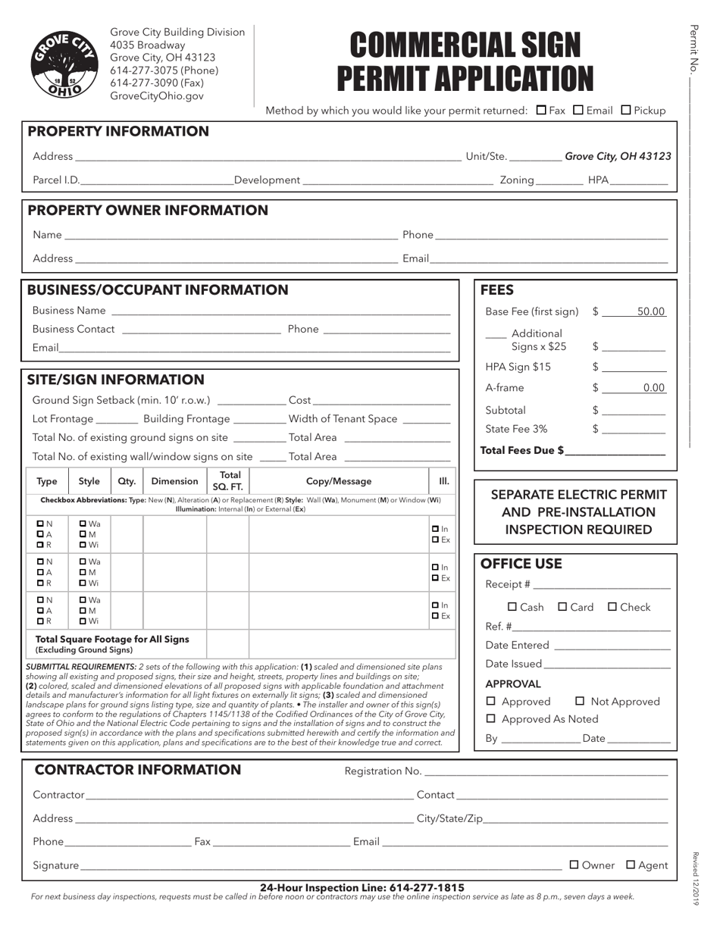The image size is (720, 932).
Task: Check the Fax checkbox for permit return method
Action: click(541, 110)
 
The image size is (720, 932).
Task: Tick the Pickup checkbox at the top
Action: click(626, 110)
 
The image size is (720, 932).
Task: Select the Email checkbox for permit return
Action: click(578, 110)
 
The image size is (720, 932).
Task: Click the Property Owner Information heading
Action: click(148, 210)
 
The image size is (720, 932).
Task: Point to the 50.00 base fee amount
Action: click(650, 311)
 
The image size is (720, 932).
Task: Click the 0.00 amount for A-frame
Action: click(653, 388)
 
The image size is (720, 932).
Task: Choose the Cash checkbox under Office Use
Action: click(512, 607)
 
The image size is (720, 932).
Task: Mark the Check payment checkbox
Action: click(613, 607)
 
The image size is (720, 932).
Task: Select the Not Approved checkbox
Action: click(581, 702)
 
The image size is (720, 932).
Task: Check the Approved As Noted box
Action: click(491, 719)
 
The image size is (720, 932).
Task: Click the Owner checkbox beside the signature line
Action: click(574, 865)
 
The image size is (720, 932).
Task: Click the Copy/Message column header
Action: click(339, 481)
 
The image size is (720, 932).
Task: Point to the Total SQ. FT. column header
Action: click(228, 481)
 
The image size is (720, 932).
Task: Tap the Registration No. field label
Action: click(383, 771)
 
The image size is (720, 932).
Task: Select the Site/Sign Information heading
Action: click(116, 380)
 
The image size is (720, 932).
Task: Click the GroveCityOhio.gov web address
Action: click(157, 96)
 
